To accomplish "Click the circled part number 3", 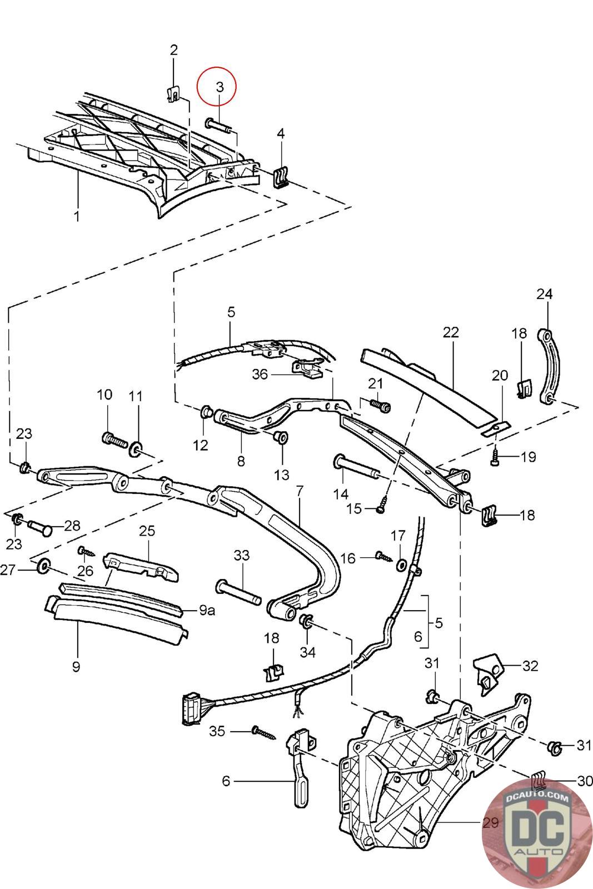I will (x=220, y=87).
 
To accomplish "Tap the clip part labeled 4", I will (x=281, y=177).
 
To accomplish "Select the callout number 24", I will (x=545, y=293).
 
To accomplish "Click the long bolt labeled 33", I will (x=238, y=592).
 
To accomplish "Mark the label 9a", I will (x=207, y=611).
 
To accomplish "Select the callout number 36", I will (x=260, y=374).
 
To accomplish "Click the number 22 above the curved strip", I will (x=451, y=332).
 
